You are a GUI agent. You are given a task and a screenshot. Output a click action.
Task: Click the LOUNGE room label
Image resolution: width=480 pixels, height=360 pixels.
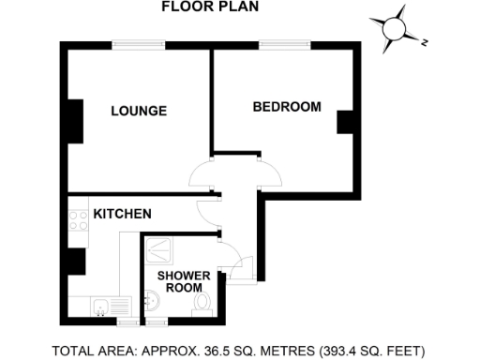click(x=139, y=112)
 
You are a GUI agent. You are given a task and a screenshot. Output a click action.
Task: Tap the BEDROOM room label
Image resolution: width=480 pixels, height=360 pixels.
click(x=287, y=107)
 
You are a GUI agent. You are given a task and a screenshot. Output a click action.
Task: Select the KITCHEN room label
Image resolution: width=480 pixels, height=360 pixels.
click(x=123, y=215)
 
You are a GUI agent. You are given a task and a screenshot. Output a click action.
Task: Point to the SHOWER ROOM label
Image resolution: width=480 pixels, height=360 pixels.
click(x=178, y=281)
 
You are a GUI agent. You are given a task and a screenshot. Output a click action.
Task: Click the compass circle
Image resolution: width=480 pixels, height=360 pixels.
click(x=393, y=30)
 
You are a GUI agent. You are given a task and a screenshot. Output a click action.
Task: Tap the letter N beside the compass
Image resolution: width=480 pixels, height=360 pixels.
click(x=424, y=42)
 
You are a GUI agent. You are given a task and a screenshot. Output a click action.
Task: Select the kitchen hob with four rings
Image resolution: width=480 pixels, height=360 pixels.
click(x=75, y=222)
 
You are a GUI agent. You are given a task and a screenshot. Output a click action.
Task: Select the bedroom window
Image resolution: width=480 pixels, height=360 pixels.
click(x=285, y=43)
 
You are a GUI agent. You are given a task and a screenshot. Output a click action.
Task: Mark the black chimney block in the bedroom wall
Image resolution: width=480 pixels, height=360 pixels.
click(x=344, y=123)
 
